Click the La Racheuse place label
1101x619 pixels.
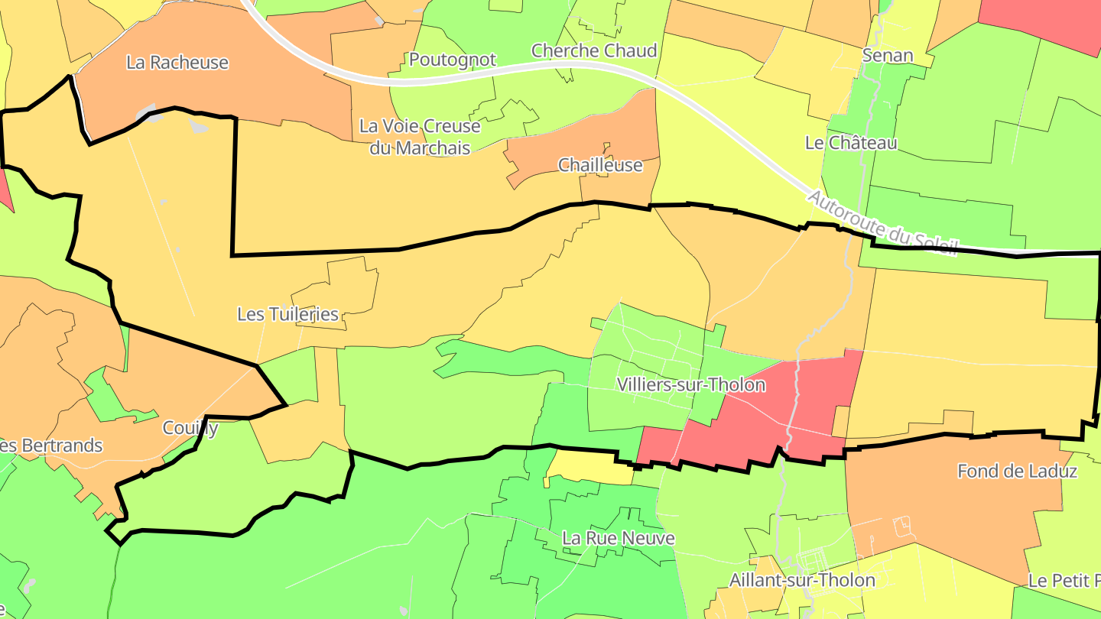tap(177, 62)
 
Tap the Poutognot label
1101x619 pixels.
tap(453, 60)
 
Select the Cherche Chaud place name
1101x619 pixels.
tap(594, 50)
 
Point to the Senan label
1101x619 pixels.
tap(888, 55)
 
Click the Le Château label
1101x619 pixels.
tap(851, 142)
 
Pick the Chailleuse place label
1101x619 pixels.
tap(600, 165)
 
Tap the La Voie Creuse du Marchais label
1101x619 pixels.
tap(420, 137)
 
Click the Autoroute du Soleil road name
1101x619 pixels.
tap(882, 224)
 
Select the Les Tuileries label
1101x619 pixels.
tap(287, 314)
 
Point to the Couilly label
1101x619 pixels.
tap(190, 428)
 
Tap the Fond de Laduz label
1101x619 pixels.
tap(1017, 472)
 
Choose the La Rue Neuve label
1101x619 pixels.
tap(619, 538)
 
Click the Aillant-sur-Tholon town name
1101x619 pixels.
tap(802, 580)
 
